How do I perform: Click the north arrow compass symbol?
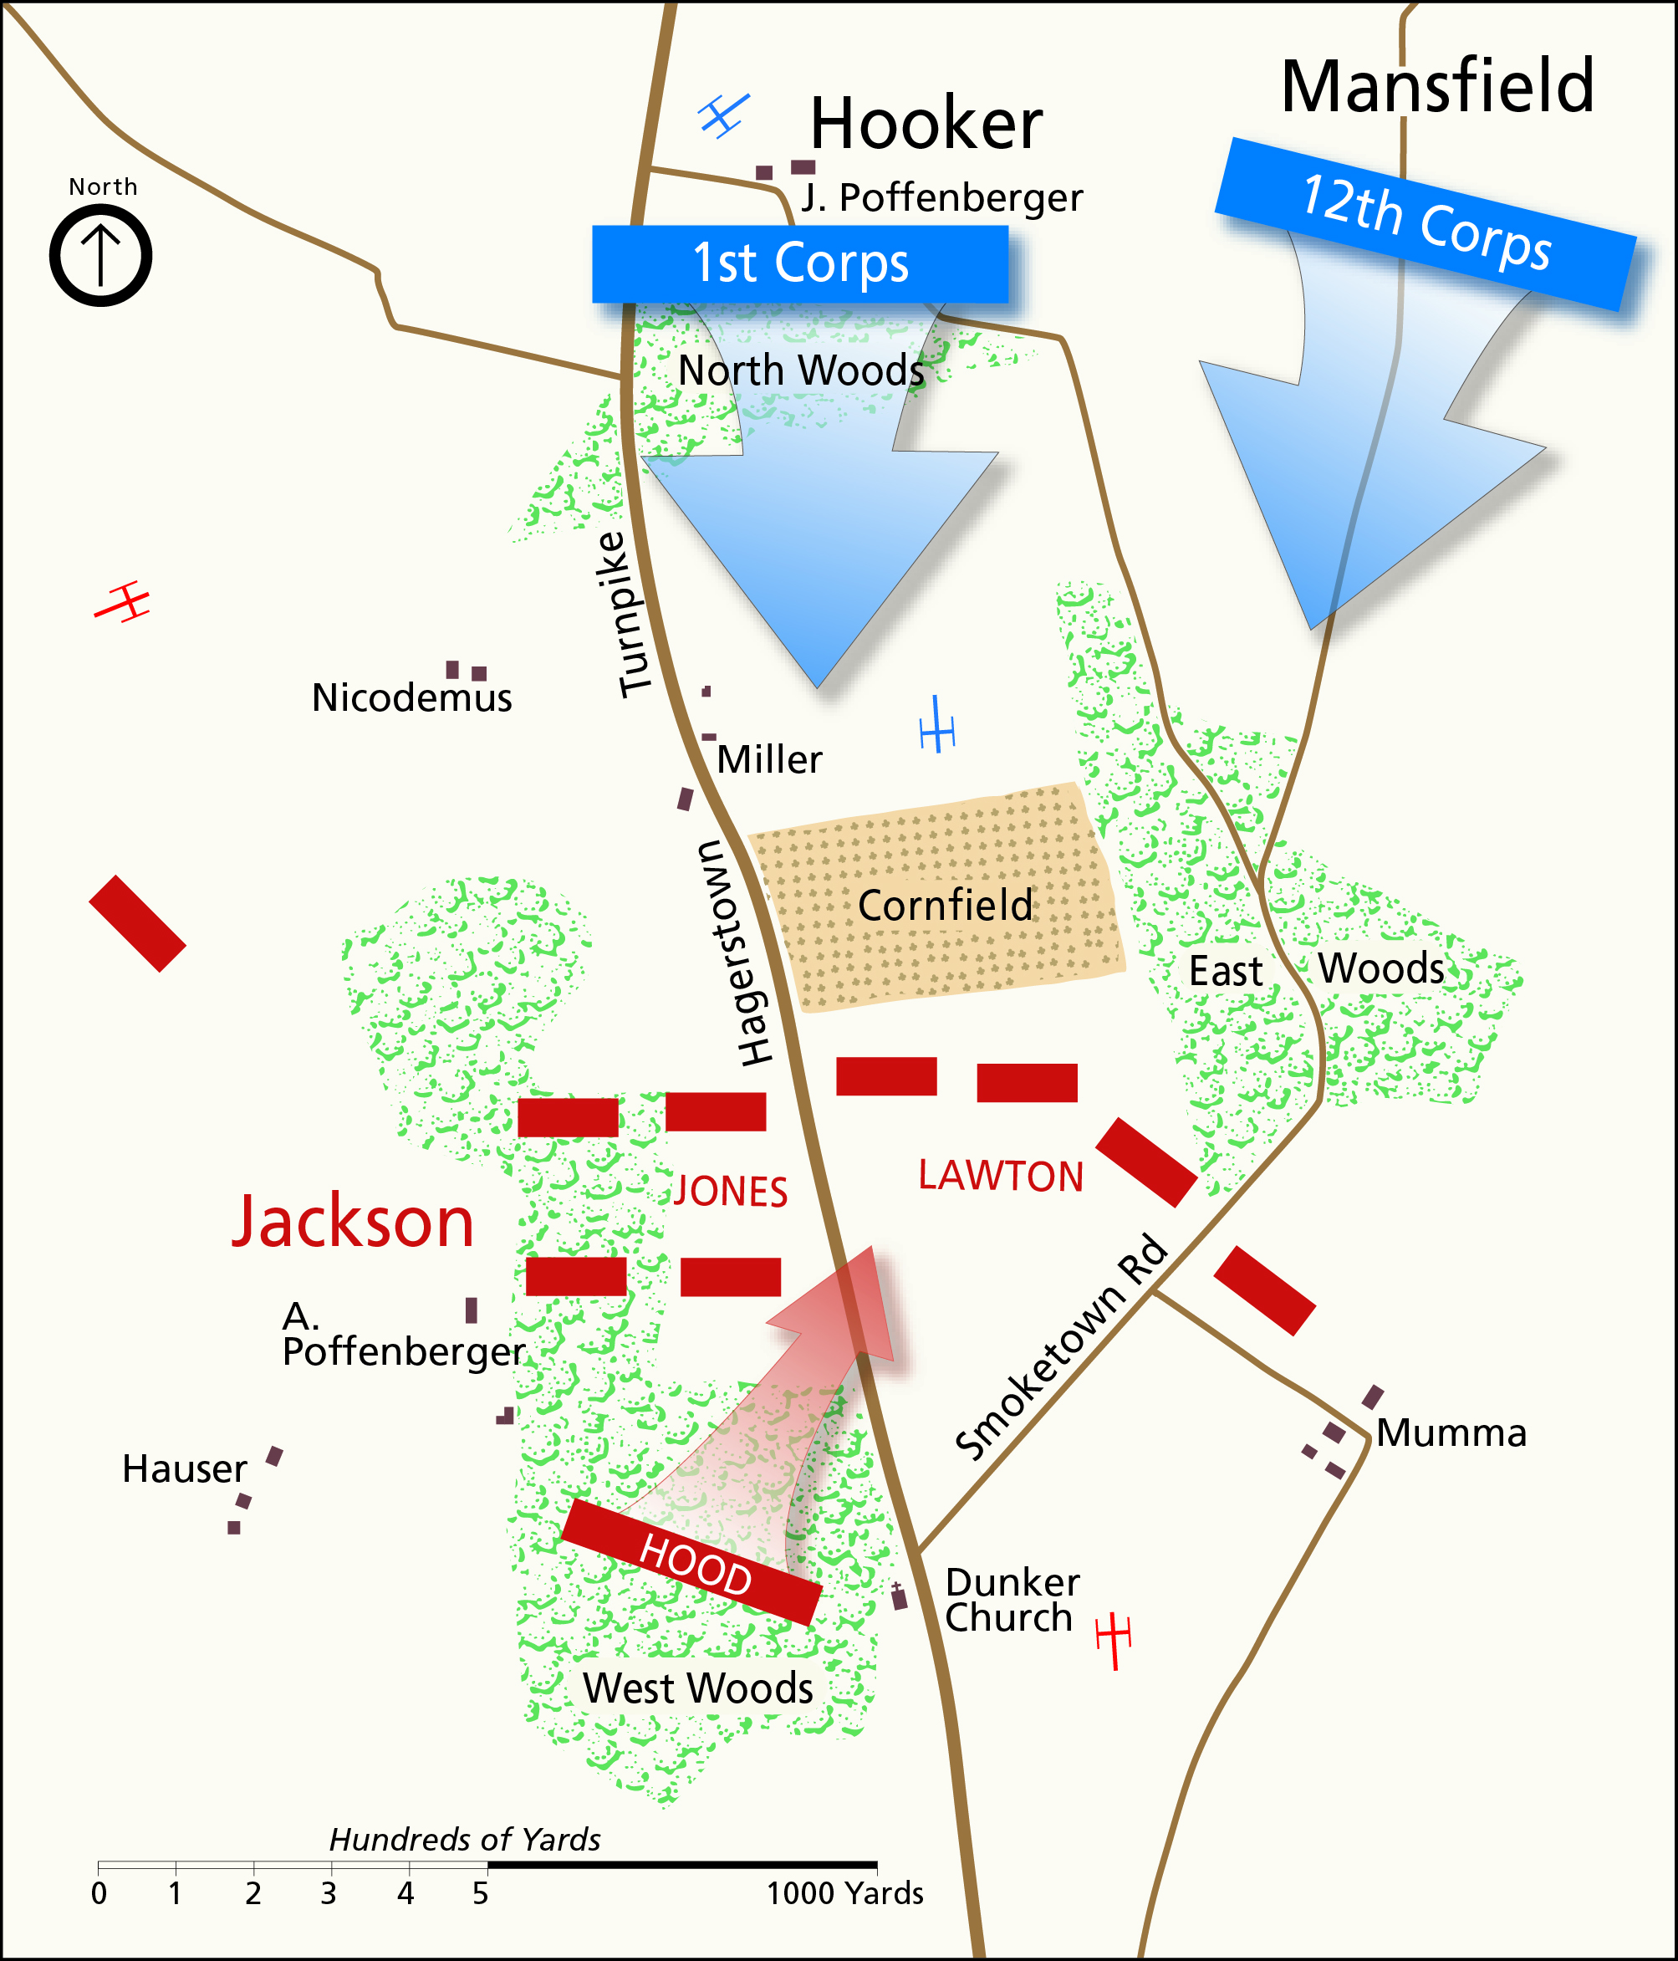point(100,256)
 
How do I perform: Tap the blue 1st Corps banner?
point(801,264)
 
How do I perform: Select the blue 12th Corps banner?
point(1426,224)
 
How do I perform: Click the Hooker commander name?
point(926,124)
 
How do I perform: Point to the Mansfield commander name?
point(1436,87)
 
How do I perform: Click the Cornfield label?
point(945,906)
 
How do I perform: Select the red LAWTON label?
point(1001,1177)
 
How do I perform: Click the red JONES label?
point(731,1192)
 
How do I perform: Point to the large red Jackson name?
point(353,1222)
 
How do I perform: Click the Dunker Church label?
point(1011,1600)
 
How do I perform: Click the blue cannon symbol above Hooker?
point(724,115)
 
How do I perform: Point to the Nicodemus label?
point(411,698)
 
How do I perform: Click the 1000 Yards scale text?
point(844,1893)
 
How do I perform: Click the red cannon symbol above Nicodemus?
point(123,602)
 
